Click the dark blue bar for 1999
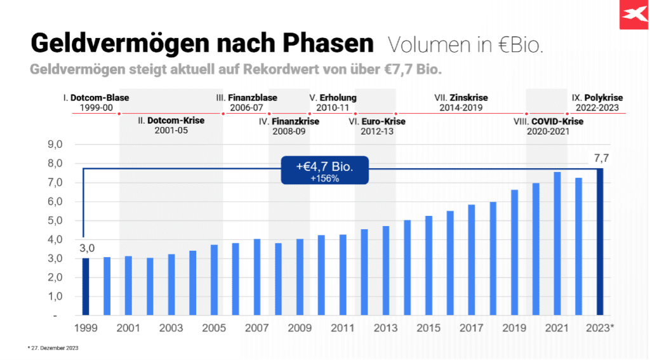[x=86, y=286]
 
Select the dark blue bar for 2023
[x=600, y=242]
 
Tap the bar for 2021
[x=557, y=244]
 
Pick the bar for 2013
[x=385, y=270]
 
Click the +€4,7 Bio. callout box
[x=324, y=170]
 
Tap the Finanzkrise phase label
[x=289, y=121]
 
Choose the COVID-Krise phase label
[x=547, y=121]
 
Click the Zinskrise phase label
[x=461, y=98]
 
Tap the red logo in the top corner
[x=635, y=14]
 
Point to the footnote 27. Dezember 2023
[x=53, y=348]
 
